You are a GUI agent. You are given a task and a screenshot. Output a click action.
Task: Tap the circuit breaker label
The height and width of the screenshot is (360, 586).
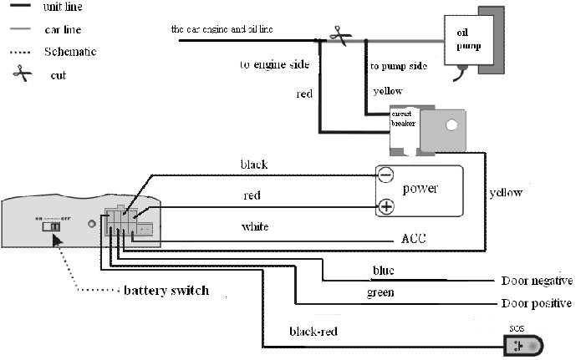click(403, 118)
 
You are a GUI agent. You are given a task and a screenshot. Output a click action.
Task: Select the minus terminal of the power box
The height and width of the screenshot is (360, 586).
click(385, 175)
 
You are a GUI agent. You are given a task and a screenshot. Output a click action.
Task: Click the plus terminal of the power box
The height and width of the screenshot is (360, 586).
click(385, 206)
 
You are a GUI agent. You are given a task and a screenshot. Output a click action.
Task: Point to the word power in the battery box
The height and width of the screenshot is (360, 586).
click(420, 189)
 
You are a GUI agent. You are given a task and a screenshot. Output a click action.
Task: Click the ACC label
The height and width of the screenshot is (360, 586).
click(414, 240)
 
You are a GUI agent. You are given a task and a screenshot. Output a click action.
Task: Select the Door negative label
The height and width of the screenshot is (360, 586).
click(536, 281)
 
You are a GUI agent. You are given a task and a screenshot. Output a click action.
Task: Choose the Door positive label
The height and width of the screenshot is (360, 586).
click(536, 303)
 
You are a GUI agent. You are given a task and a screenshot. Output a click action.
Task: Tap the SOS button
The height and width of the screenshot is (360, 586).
click(522, 344)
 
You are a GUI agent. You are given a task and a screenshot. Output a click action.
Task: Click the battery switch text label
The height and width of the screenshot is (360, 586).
click(166, 292)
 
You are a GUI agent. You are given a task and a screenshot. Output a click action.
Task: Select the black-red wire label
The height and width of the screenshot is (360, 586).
click(313, 332)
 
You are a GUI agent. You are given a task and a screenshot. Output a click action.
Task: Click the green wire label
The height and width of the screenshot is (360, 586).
click(380, 293)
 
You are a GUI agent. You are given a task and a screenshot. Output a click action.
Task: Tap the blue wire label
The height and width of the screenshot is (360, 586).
click(384, 271)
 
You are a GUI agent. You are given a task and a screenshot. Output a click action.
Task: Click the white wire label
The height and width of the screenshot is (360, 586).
click(254, 227)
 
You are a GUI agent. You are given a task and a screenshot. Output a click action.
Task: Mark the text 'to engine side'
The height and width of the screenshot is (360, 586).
click(275, 64)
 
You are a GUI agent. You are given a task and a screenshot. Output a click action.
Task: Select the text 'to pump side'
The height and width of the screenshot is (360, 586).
click(400, 65)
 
